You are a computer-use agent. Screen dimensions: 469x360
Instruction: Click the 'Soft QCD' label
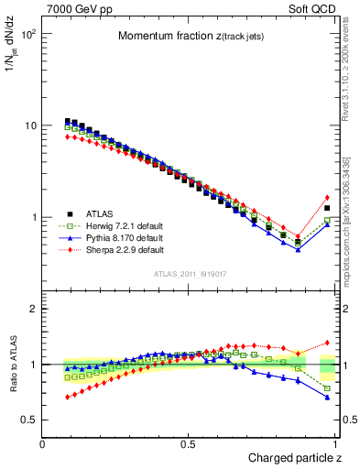tap(313, 8)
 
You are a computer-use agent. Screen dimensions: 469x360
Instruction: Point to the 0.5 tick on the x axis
tap(188, 443)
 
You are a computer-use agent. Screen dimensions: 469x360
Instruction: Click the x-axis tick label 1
tap(334, 443)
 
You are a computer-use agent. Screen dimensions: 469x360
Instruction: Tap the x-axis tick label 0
tap(43, 443)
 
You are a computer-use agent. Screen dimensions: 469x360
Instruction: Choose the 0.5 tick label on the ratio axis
tap(28, 420)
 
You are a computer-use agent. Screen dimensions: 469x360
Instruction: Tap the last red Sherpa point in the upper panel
tap(327, 197)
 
